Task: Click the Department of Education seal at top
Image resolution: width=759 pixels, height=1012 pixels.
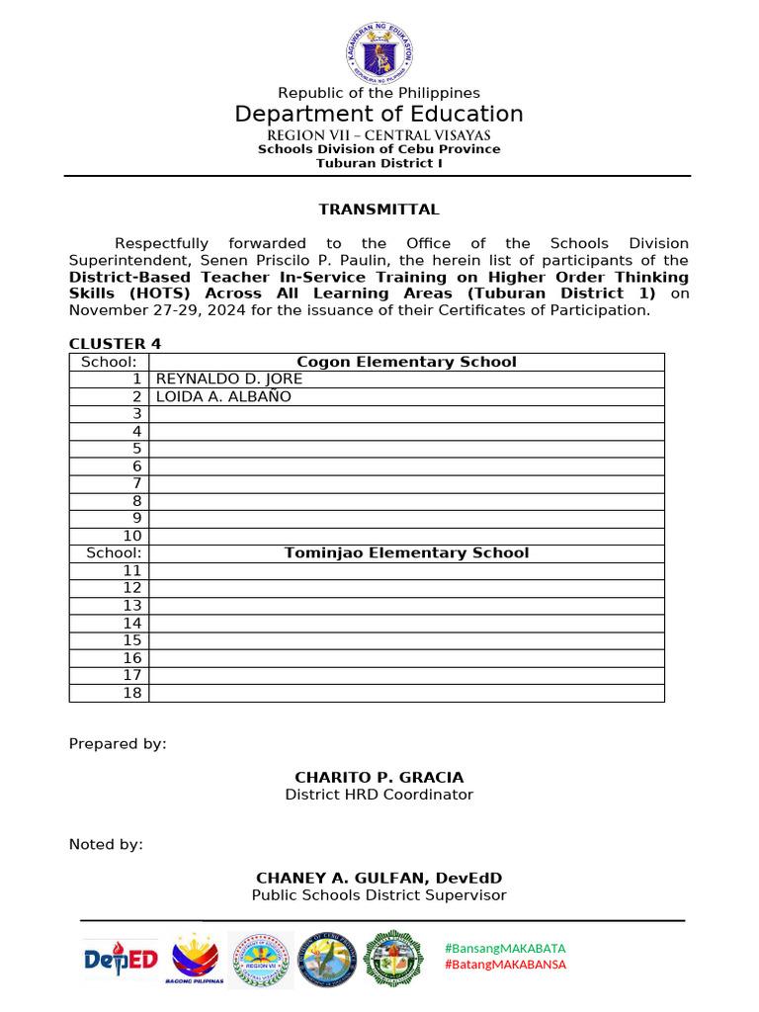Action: pos(379,50)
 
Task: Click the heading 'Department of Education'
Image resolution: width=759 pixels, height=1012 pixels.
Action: pos(379,114)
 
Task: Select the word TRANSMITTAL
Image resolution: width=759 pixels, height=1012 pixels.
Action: pos(379,210)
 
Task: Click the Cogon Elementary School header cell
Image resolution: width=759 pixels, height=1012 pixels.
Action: pos(406,362)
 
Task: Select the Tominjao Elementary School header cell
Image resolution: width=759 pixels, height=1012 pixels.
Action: pos(406,553)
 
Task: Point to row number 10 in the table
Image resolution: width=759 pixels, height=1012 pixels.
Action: pos(132,536)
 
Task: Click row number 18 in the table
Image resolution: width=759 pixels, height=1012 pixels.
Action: pos(132,693)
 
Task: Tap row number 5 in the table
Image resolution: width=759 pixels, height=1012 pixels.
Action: pos(137,449)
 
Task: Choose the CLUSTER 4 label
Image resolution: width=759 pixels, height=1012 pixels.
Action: pos(114,344)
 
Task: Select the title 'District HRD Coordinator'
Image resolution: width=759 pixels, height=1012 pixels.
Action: pos(379,795)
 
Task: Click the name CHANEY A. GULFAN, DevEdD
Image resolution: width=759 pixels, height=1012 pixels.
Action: pos(379,878)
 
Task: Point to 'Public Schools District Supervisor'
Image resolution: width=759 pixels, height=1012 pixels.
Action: pos(379,895)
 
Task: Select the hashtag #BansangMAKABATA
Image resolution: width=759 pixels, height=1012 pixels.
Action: pos(505,948)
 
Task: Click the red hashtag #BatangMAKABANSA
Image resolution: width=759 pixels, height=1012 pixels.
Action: pos(505,965)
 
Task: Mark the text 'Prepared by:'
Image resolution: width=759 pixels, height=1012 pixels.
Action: pos(117,744)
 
